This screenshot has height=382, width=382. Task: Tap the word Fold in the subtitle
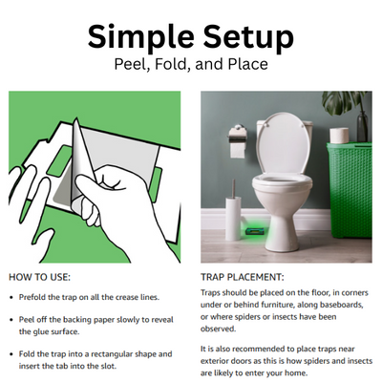coord(172,64)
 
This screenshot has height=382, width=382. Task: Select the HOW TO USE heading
coord(39,277)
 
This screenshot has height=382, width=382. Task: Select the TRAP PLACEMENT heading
coord(242,277)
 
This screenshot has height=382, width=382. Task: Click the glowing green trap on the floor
coord(256,230)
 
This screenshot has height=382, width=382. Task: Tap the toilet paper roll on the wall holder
coord(238,150)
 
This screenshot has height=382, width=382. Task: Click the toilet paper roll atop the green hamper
coord(339,136)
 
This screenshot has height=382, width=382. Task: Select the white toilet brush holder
coord(233,218)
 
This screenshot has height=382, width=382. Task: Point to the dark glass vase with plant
coord(362,126)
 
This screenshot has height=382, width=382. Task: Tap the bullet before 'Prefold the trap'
coord(11,298)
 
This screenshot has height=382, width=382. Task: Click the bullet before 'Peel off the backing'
coord(11,320)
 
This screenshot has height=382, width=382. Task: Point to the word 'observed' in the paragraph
coord(218,329)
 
